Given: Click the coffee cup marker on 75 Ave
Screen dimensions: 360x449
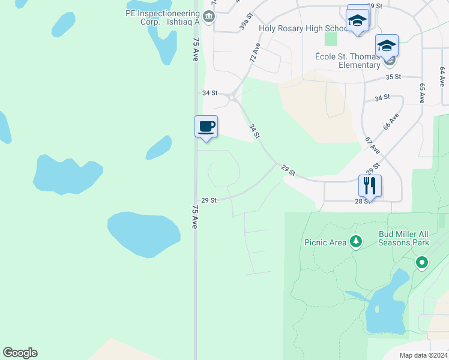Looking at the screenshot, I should [x=206, y=127].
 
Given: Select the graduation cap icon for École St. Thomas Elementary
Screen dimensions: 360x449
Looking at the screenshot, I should [x=387, y=46].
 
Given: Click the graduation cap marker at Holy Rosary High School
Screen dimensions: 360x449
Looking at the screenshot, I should [x=358, y=21].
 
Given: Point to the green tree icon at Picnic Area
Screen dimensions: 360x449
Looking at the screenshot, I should [x=357, y=241].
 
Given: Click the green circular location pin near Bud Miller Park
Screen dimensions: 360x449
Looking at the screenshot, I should [x=422, y=262].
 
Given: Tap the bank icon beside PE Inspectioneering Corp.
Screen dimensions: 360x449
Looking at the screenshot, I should [x=209, y=16].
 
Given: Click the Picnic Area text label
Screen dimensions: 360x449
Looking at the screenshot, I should [x=325, y=242].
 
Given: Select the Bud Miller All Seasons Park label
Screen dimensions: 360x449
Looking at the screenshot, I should [x=403, y=238].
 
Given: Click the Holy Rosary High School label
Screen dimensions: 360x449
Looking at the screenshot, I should [x=303, y=28].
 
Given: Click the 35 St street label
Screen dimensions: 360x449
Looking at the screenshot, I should [x=393, y=77].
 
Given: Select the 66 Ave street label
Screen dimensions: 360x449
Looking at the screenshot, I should [x=390, y=122].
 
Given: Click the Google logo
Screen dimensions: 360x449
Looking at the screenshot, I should [x=20, y=353].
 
